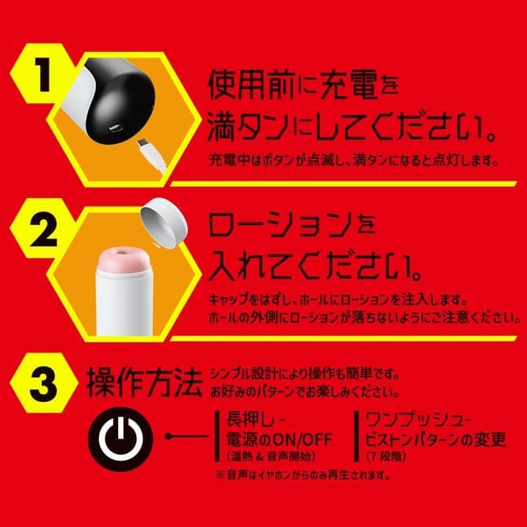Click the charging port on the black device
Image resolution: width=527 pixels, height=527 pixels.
(116, 127)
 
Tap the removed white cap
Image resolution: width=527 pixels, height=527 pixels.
(164, 223)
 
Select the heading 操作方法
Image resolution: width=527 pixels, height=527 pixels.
(145, 382)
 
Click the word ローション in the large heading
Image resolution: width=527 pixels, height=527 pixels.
(280, 224)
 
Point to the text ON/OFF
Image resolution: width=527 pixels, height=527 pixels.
(302, 439)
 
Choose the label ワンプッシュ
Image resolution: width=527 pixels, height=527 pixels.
(414, 419)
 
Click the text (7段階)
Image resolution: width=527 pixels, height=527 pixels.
(386, 456)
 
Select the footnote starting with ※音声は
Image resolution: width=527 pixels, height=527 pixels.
(304, 475)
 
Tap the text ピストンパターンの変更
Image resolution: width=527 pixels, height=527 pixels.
(436, 439)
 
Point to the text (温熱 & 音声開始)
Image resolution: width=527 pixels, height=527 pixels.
(271, 456)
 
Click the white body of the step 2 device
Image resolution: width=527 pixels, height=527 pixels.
(124, 304)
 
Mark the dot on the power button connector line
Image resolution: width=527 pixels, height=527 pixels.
(168, 437)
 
